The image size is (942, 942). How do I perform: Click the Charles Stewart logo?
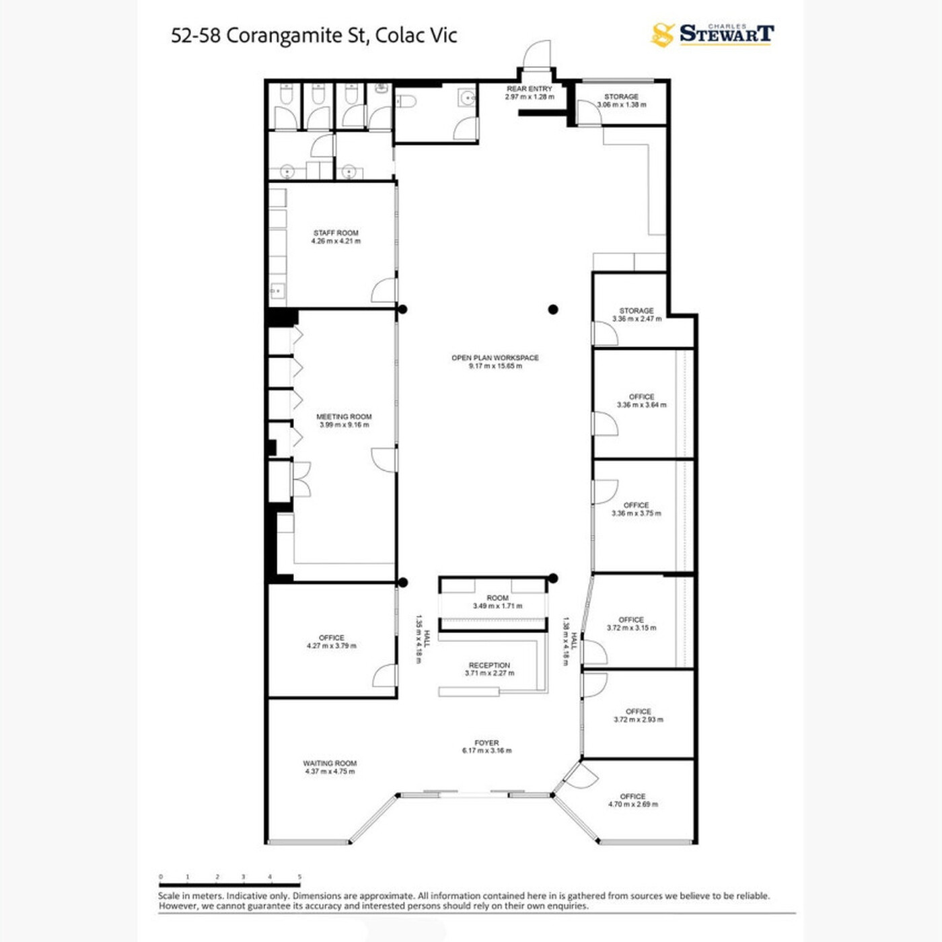click(x=713, y=35)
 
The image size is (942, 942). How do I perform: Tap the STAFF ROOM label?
click(x=336, y=233)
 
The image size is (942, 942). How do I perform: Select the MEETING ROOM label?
click(x=344, y=417)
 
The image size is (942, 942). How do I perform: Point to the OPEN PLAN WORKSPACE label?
click(x=495, y=358)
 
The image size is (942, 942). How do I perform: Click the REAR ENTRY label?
click(x=530, y=89)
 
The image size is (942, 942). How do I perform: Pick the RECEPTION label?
click(x=489, y=665)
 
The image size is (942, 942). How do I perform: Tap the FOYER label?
click(x=487, y=743)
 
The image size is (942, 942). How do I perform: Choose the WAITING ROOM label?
click(x=330, y=763)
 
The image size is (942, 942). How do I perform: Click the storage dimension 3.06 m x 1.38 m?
click(x=622, y=104)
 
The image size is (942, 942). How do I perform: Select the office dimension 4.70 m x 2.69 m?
click(x=633, y=804)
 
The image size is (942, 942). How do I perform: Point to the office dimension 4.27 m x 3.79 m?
click(x=332, y=646)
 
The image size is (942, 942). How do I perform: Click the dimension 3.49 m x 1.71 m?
click(x=498, y=606)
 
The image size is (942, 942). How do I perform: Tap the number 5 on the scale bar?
click(x=299, y=877)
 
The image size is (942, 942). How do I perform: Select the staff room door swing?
click(x=384, y=290)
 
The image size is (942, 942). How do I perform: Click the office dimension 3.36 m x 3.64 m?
click(x=641, y=405)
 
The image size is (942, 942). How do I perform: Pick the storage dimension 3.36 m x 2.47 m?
click(x=637, y=319)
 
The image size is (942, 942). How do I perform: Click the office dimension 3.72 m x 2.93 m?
click(x=639, y=719)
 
